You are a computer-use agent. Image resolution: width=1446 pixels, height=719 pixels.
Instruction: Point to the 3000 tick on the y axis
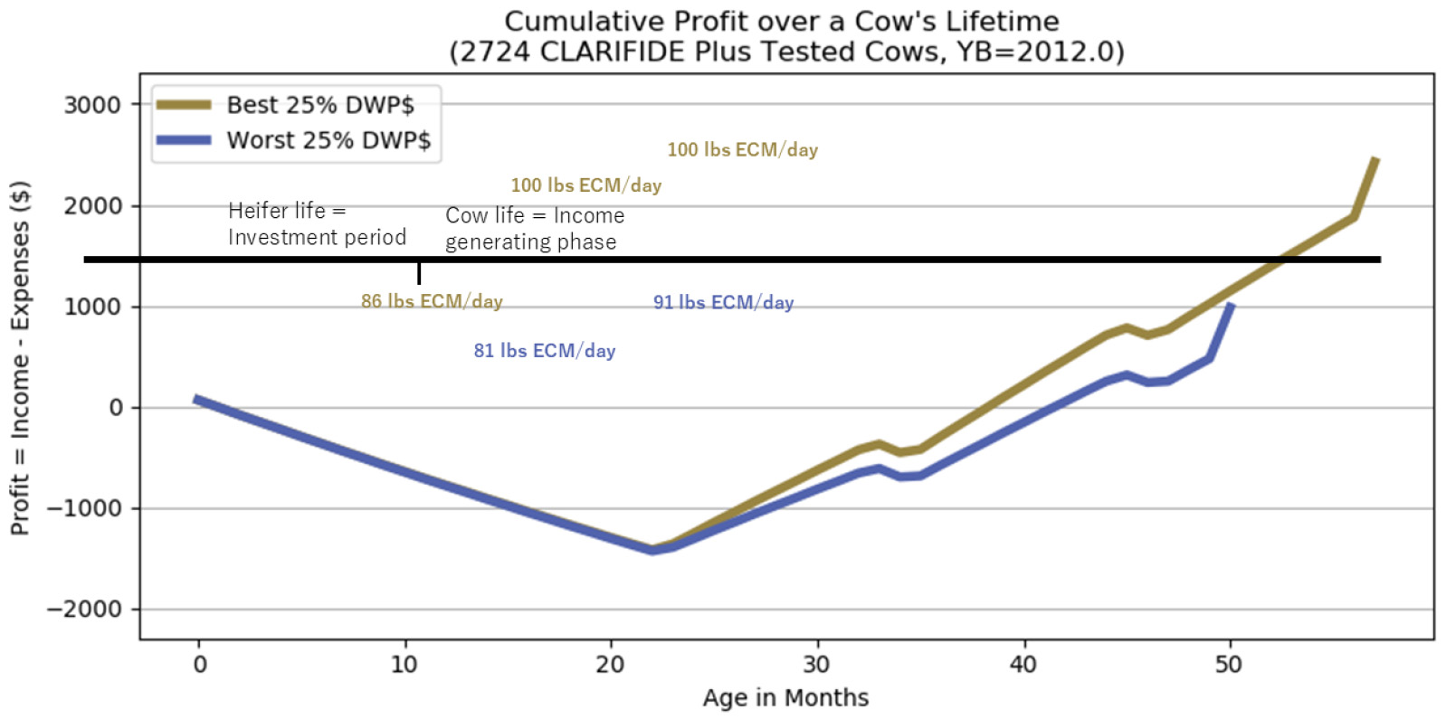tap(92, 105)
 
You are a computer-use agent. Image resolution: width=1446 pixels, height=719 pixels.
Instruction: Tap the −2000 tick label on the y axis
tap(84, 610)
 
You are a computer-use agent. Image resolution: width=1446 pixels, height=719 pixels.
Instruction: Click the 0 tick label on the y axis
tap(116, 408)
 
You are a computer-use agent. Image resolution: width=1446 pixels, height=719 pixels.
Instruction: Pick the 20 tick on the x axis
tap(611, 665)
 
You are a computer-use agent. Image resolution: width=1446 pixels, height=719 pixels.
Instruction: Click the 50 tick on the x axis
tap(1229, 665)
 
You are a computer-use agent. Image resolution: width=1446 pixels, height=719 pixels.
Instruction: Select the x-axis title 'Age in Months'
tap(785, 698)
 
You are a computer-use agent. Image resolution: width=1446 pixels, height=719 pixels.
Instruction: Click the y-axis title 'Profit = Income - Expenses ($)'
tap(20, 358)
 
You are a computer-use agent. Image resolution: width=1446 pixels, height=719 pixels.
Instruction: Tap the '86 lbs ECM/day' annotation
tap(432, 301)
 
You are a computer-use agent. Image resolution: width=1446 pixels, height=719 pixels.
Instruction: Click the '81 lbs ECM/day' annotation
tap(545, 351)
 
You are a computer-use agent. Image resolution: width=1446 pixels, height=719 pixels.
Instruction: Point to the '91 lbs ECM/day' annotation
tap(724, 302)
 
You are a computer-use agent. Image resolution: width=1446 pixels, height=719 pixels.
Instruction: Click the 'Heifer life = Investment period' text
tap(317, 223)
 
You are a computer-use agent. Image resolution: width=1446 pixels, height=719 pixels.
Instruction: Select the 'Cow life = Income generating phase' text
tap(535, 229)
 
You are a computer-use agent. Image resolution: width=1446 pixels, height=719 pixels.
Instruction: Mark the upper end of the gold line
tap(1376, 159)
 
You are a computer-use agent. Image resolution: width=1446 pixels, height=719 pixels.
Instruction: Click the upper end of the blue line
tap(1231, 306)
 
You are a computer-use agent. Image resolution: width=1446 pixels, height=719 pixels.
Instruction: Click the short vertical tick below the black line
tap(419, 273)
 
